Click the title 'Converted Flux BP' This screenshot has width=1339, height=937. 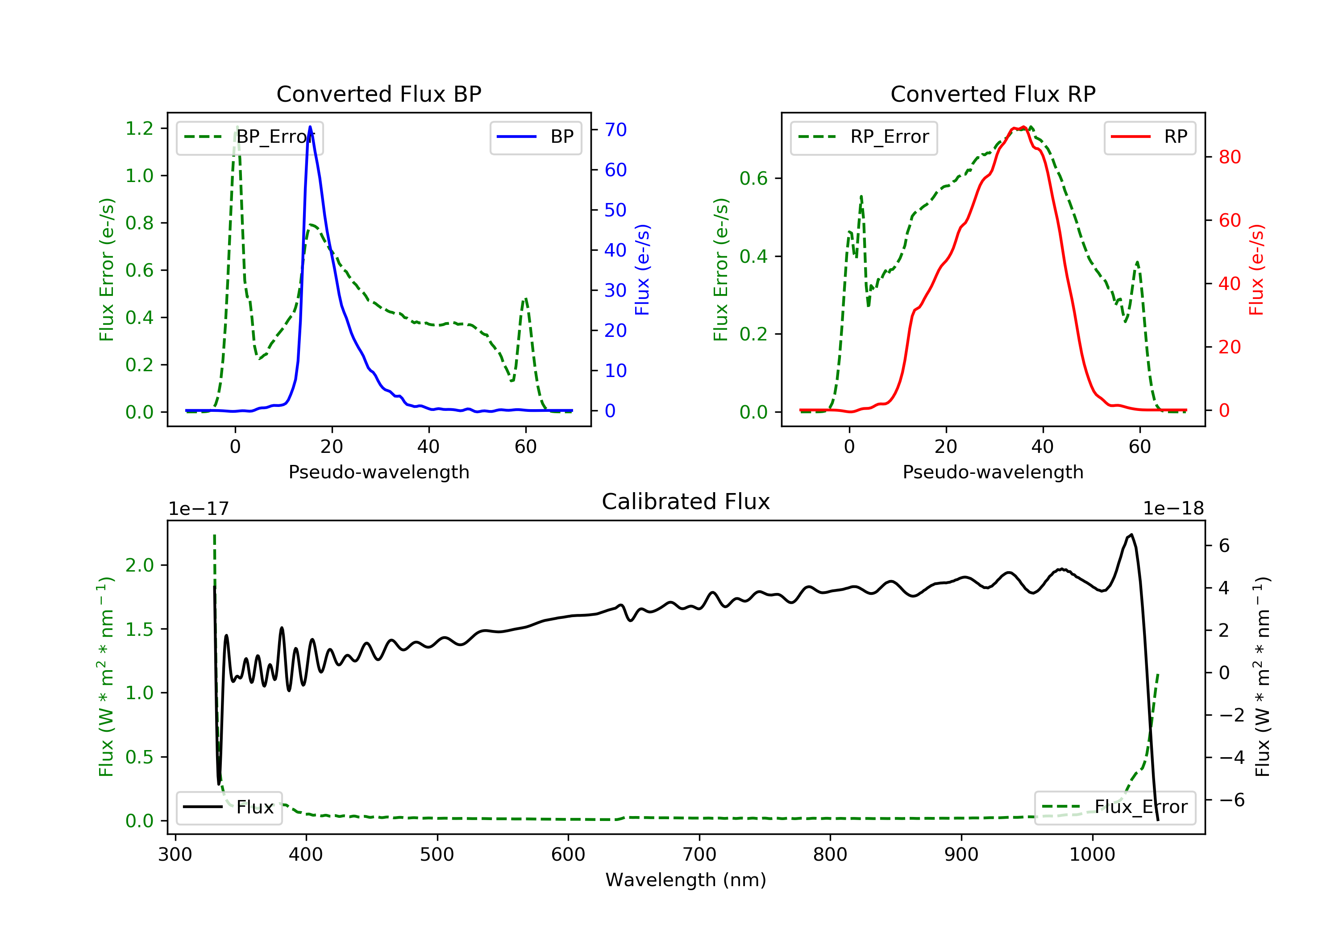click(x=379, y=94)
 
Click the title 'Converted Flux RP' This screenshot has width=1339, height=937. click(x=993, y=94)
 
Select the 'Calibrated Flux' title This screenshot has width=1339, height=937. click(x=686, y=502)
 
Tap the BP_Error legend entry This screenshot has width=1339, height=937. click(x=250, y=137)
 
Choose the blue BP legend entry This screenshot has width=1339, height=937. click(x=535, y=137)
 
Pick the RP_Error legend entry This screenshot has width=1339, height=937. click(x=864, y=137)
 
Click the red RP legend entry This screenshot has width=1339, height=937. click(x=1149, y=137)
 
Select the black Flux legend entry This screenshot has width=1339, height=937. click(x=229, y=807)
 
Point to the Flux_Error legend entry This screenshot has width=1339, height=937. click(x=1115, y=807)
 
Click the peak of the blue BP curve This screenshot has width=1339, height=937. click(x=310, y=127)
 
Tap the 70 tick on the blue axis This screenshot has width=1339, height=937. click(x=616, y=129)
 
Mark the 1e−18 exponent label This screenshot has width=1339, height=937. click(x=1173, y=509)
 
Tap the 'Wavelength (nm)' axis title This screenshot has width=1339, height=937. click(x=686, y=880)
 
